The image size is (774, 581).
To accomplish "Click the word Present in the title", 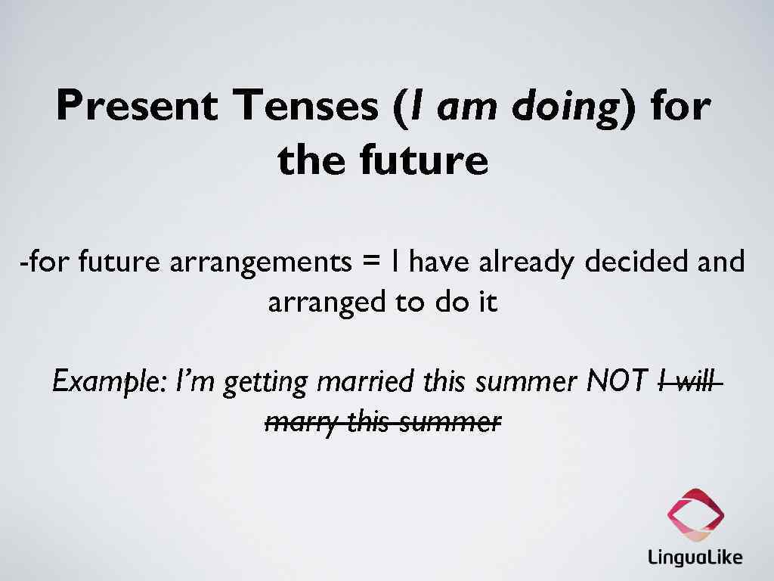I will point(136,106).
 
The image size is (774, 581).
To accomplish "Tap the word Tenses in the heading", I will point(305,106).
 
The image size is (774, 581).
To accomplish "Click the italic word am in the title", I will point(469,107).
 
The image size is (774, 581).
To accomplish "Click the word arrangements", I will point(260,263).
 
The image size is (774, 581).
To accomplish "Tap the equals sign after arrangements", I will point(370,263).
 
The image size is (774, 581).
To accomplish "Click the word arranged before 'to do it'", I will point(327,303).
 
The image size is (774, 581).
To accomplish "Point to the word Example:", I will point(109,381).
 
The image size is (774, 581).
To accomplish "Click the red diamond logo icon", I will point(695,516).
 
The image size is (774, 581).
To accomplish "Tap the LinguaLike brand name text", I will point(695,558).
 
